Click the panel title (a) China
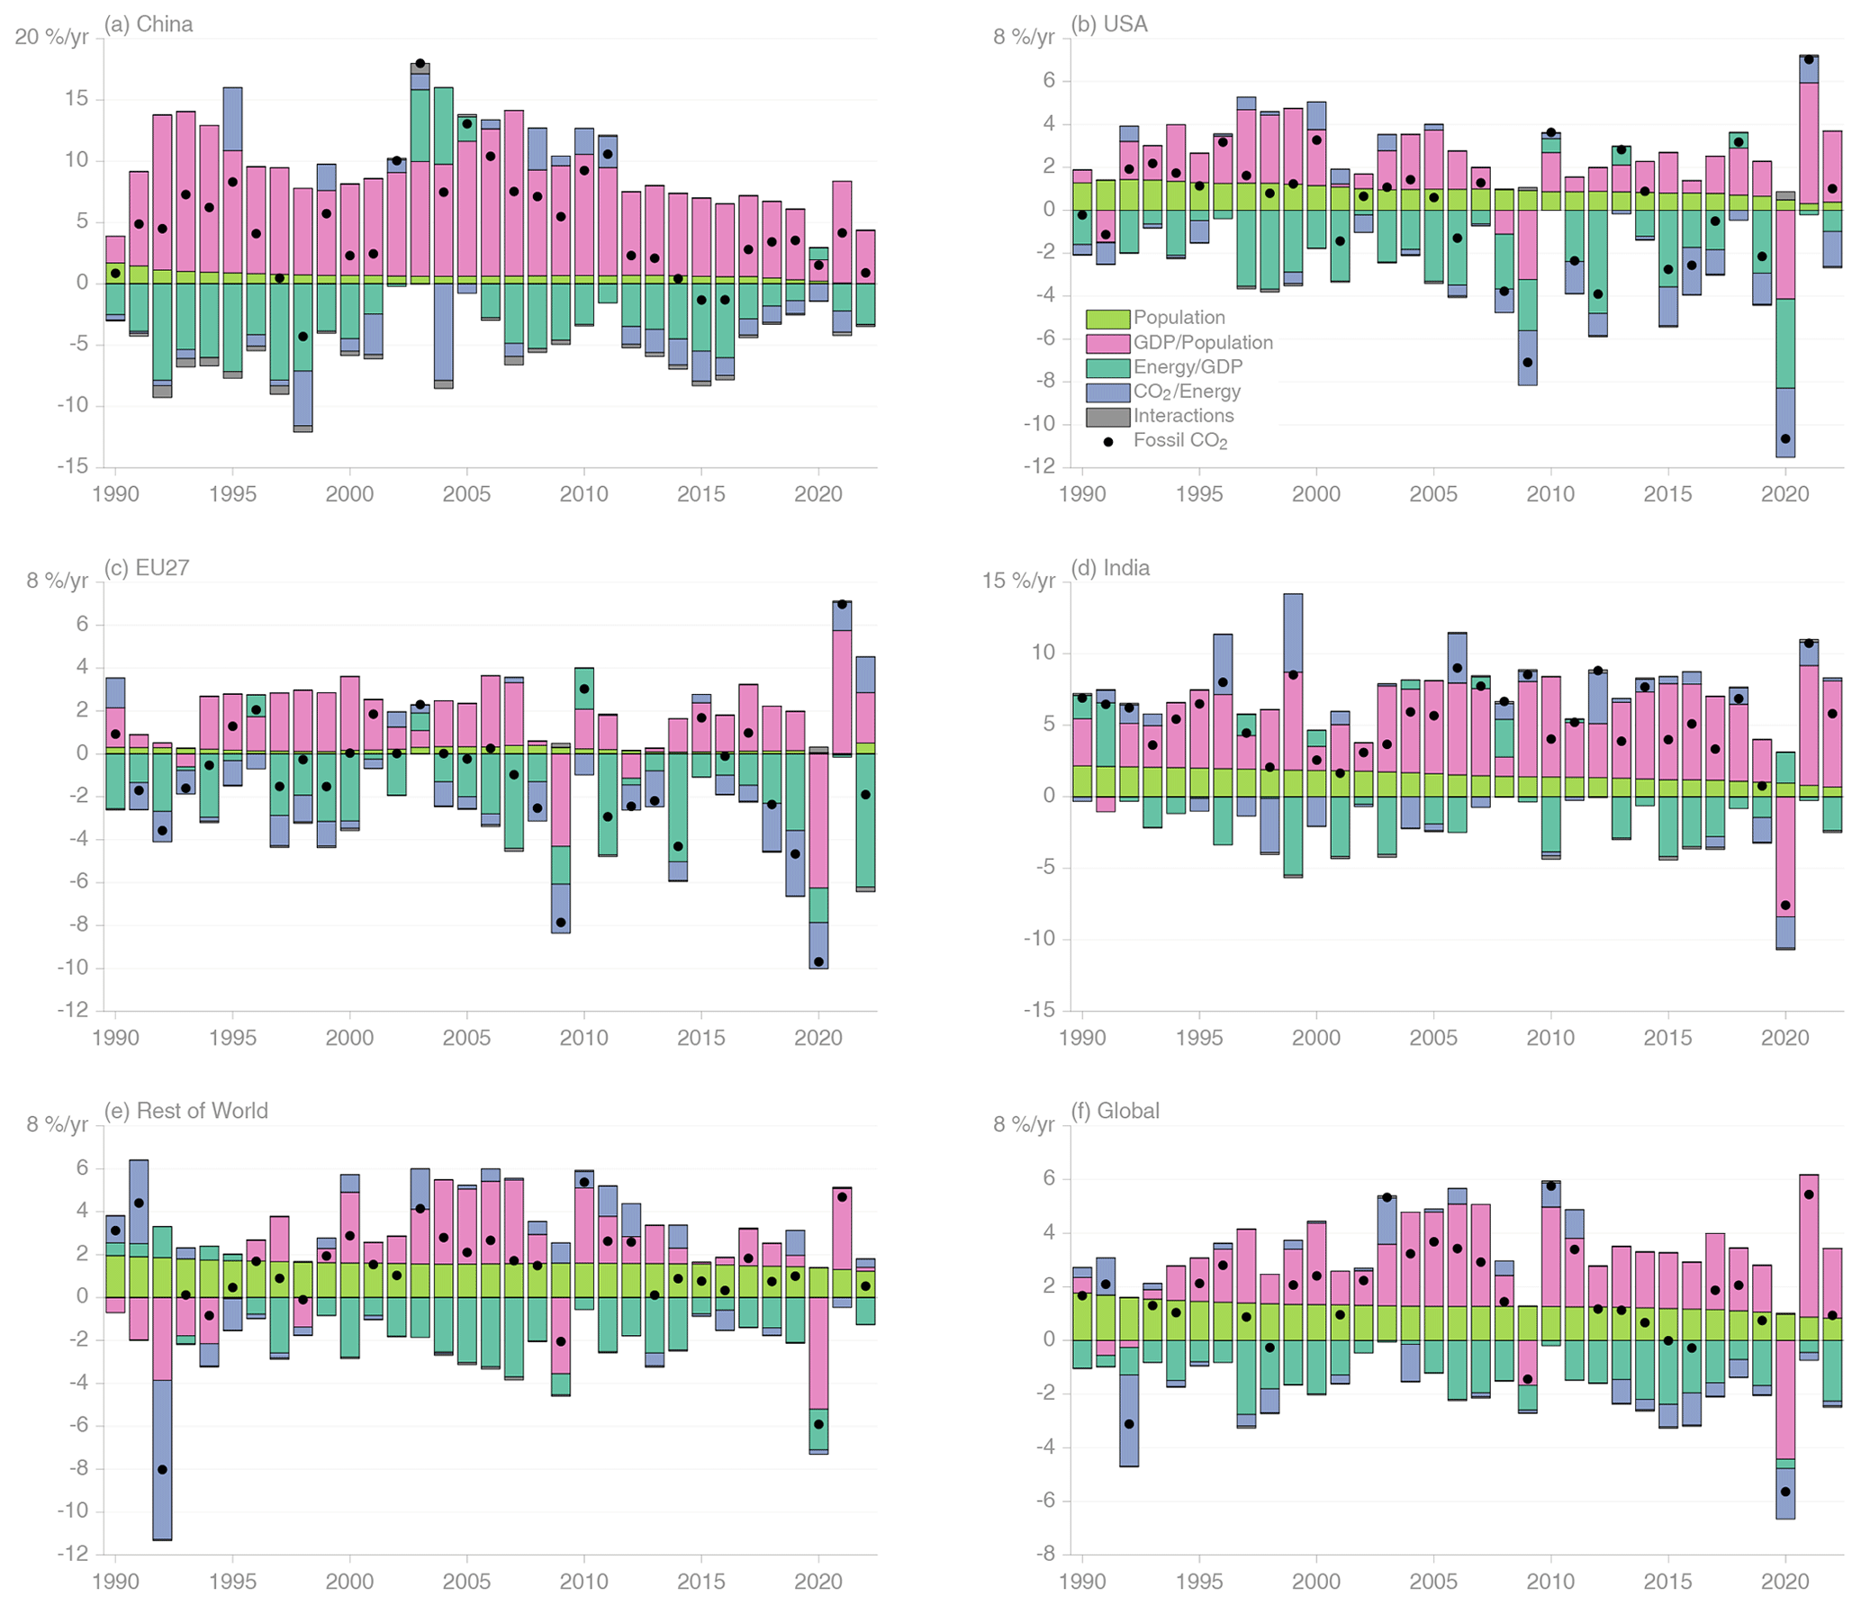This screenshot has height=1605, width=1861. (x=148, y=24)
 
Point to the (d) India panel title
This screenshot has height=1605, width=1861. (x=1110, y=568)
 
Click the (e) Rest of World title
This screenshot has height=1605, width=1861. (x=185, y=1111)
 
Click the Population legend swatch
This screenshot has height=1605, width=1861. (x=1107, y=319)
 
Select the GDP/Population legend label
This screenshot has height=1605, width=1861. (x=1203, y=343)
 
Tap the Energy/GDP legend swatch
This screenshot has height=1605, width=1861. (x=1107, y=367)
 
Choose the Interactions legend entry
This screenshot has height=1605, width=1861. (x=1183, y=416)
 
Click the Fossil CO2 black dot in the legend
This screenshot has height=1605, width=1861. (x=1108, y=442)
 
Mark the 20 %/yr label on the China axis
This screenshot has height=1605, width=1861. (x=51, y=38)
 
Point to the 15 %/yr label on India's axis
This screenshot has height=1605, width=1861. (x=1018, y=582)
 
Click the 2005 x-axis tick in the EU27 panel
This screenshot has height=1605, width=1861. (x=466, y=1038)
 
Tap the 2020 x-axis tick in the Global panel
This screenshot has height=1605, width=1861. (x=1784, y=1582)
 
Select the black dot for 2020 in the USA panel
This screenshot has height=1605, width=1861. (x=1785, y=439)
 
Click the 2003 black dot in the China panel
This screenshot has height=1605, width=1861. (x=420, y=64)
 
